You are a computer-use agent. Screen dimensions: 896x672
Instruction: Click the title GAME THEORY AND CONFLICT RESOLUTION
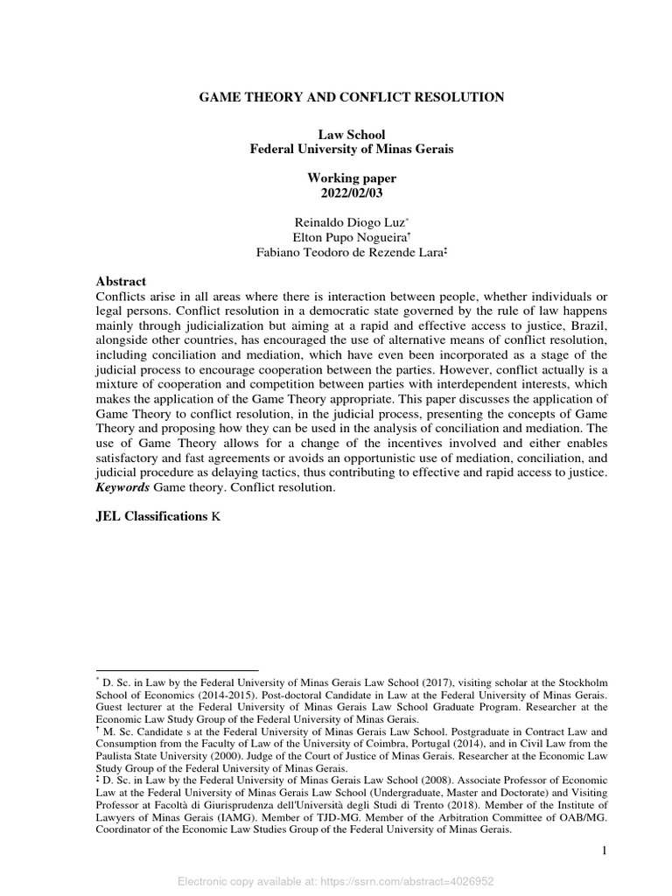pyautogui.click(x=352, y=97)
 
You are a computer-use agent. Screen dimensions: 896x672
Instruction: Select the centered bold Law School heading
pyautogui.click(x=352, y=135)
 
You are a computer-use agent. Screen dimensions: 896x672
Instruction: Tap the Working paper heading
pyautogui.click(x=352, y=178)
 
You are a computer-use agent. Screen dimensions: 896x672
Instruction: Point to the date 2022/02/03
pyautogui.click(x=352, y=192)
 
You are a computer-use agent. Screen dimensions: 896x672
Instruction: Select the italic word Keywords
pyautogui.click(x=122, y=487)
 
